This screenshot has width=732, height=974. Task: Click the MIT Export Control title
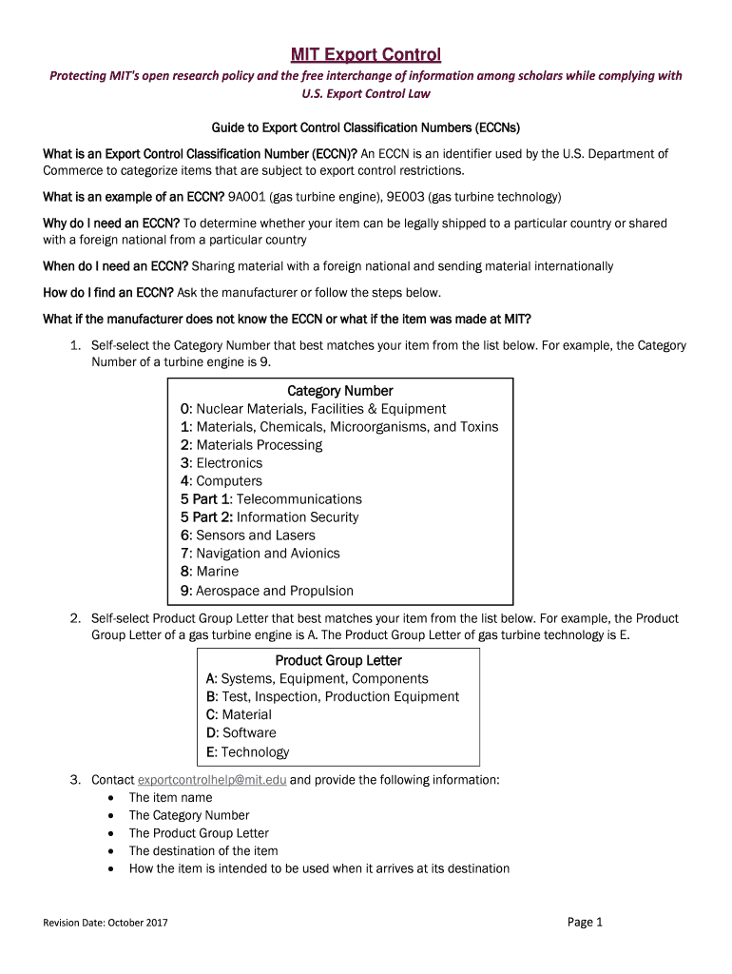pos(366,54)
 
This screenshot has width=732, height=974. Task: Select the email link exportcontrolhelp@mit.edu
pos(212,780)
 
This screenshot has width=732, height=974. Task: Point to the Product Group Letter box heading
pos(338,661)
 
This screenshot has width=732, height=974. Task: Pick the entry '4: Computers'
pos(221,481)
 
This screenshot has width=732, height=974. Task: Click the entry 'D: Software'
pos(241,733)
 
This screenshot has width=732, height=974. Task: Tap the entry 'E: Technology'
pos(247,752)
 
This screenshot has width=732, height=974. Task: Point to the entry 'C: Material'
pos(239,715)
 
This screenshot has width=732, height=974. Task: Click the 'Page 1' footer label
pos(585,922)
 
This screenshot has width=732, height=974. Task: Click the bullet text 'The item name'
pos(170,798)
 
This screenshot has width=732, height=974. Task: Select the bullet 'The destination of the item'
pos(203,851)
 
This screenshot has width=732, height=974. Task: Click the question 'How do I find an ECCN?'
pos(108,292)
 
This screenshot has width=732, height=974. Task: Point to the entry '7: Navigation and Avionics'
pos(260,554)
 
